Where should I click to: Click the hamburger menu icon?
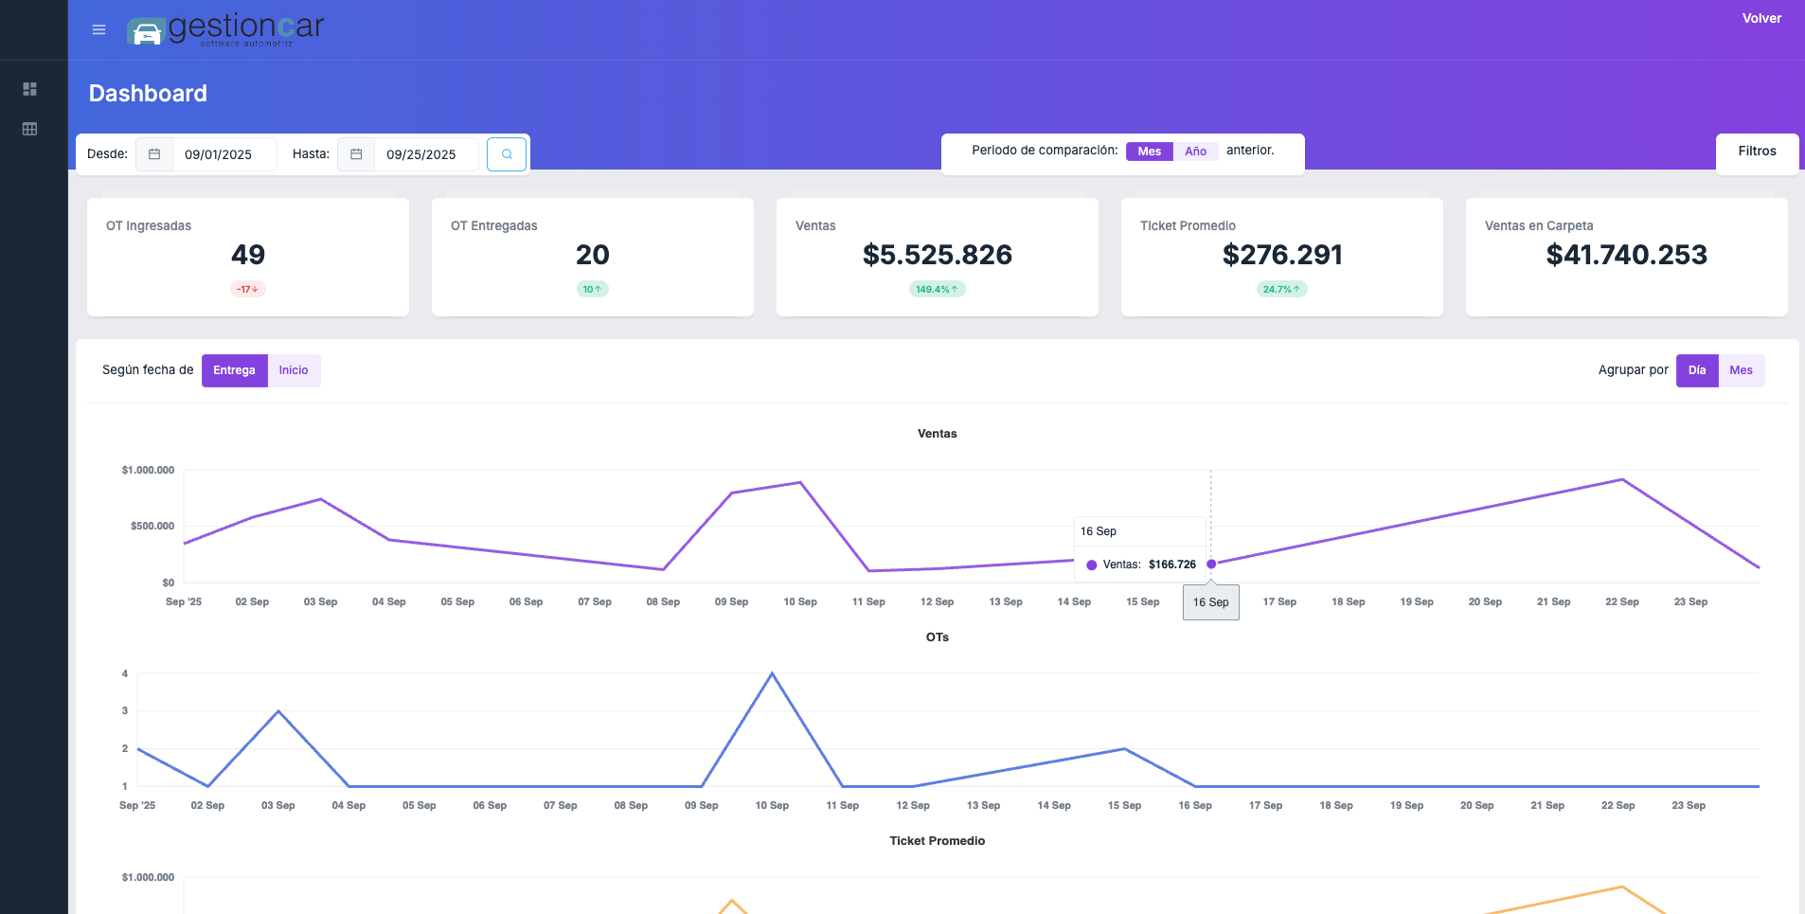pyautogui.click(x=98, y=30)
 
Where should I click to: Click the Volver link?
pyautogui.click(x=1761, y=18)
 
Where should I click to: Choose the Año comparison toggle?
pyautogui.click(x=1195, y=152)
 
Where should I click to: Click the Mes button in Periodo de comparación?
pyautogui.click(x=1149, y=152)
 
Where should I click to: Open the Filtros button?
pyautogui.click(x=1757, y=152)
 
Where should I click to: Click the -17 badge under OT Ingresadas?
pyautogui.click(x=247, y=289)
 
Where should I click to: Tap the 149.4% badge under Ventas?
pyautogui.click(x=937, y=289)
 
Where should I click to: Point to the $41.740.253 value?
pyautogui.click(x=1626, y=255)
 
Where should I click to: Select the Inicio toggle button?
pyautogui.click(x=294, y=370)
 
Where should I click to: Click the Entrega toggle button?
pyautogui.click(x=234, y=370)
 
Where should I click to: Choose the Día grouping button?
pyautogui.click(x=1696, y=370)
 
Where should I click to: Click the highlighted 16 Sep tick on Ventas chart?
pyautogui.click(x=1210, y=602)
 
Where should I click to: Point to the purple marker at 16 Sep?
pyautogui.click(x=1211, y=564)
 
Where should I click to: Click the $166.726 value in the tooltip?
pyautogui.click(x=1171, y=565)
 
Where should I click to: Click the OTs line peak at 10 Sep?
pyautogui.click(x=772, y=673)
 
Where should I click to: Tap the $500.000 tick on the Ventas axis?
pyautogui.click(x=152, y=526)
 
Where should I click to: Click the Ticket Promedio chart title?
pyautogui.click(x=937, y=841)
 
